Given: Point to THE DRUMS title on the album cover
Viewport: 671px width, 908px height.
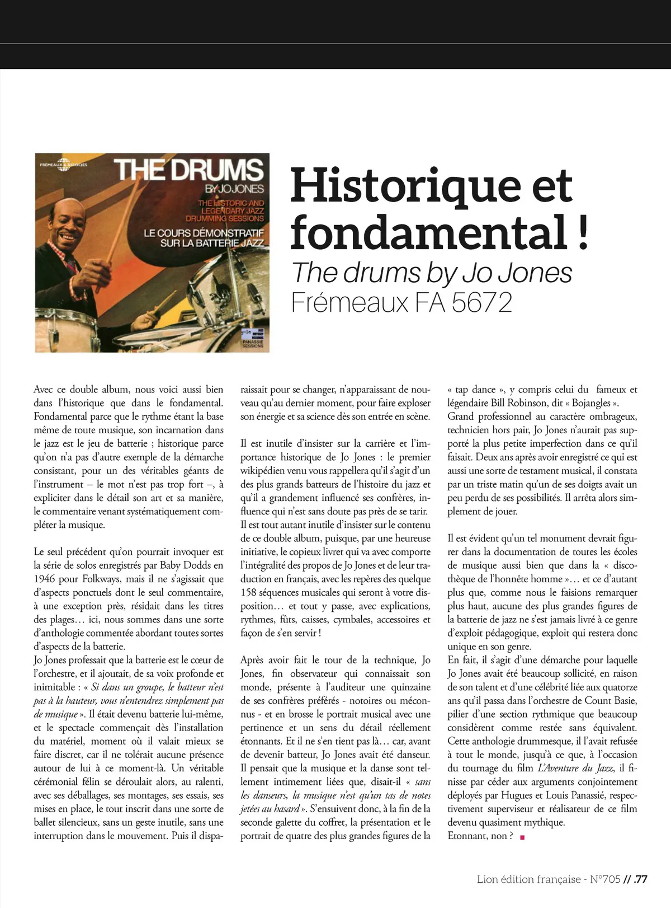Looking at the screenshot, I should pos(189,170).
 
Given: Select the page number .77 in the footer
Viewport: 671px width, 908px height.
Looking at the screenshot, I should pos(640,879).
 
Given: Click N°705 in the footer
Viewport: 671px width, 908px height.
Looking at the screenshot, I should pos(605,879).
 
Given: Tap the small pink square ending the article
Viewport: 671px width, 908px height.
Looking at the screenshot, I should pos(522,837).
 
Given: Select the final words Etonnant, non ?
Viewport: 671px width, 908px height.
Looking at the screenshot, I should pos(480,836).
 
